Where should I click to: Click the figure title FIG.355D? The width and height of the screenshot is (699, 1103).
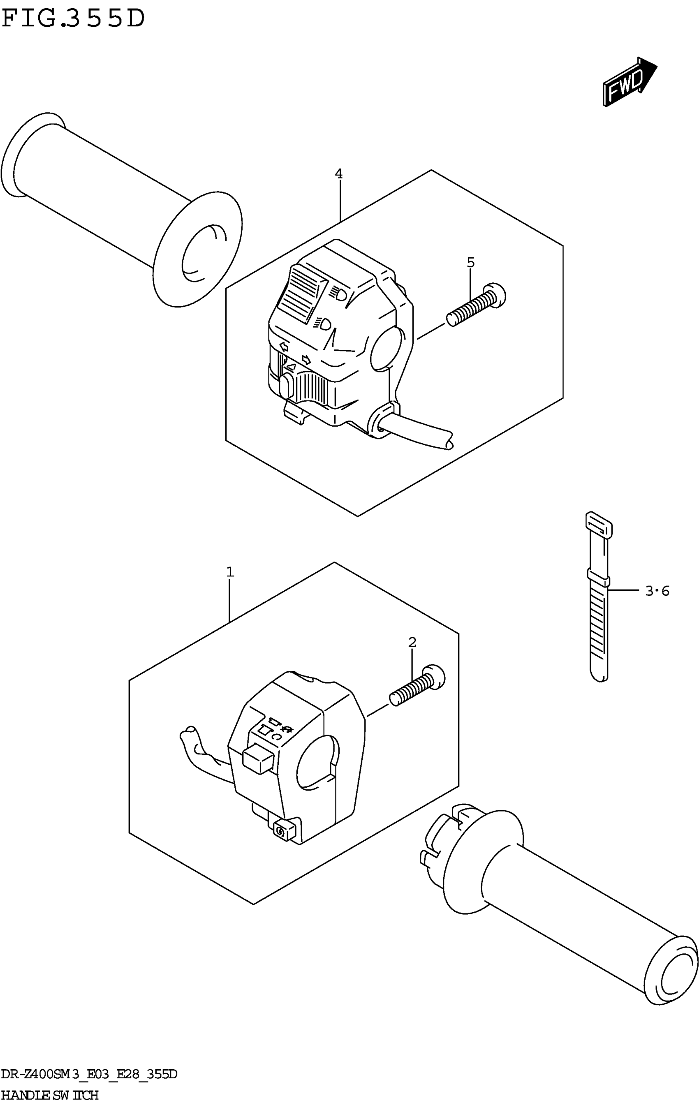tap(73, 19)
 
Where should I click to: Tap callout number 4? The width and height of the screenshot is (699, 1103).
tap(338, 174)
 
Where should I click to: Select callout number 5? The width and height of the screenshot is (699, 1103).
tap(470, 262)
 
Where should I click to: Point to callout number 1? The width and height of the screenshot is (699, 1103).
tap(230, 572)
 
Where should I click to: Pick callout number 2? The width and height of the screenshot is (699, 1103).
tap(412, 643)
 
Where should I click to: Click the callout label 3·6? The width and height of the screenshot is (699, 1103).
tap(657, 591)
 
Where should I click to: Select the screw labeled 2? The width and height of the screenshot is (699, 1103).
tap(417, 685)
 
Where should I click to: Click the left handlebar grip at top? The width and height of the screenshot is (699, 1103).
tap(119, 206)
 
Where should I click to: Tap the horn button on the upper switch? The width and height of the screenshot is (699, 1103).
tap(285, 386)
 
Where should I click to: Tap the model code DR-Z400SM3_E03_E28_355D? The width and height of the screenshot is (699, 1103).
tap(89, 1075)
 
